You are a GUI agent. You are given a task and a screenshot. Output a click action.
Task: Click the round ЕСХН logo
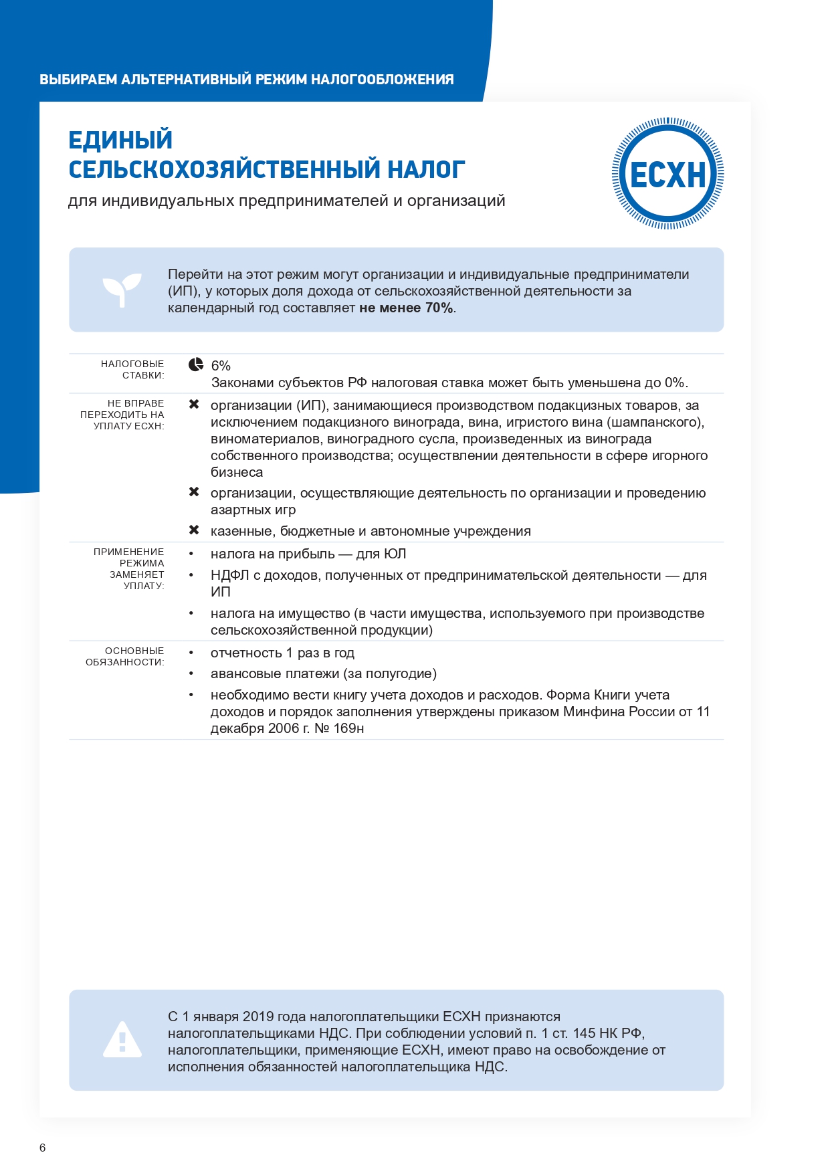[x=667, y=174]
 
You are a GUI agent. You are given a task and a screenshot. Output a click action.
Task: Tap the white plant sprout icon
[x=122, y=289]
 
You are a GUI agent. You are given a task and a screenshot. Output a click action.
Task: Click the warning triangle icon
[x=122, y=1040]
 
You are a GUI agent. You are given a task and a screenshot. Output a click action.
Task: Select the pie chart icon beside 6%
[x=195, y=364]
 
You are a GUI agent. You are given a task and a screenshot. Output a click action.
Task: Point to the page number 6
[x=43, y=1148]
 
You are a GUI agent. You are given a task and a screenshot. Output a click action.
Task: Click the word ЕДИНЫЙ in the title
[x=120, y=140]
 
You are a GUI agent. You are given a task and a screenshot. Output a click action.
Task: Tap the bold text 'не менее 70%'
[x=406, y=308]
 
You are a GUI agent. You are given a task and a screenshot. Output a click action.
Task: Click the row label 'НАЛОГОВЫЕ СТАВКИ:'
[x=132, y=369]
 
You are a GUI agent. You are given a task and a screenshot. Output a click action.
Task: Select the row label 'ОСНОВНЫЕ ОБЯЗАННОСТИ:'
[x=126, y=656]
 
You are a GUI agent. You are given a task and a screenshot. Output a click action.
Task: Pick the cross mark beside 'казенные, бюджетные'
[x=194, y=530]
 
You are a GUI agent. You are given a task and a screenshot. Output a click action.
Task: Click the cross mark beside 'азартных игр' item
[x=194, y=492]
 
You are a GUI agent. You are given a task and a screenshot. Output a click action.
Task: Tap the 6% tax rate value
[x=221, y=366]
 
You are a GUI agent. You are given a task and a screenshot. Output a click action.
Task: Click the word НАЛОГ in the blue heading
[x=426, y=170]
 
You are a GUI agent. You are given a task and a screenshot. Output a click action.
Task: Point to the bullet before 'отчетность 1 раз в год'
[x=191, y=653]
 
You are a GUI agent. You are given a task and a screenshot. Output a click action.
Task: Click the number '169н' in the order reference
[x=348, y=728]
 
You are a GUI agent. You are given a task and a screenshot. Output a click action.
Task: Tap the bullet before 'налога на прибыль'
[x=191, y=554]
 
